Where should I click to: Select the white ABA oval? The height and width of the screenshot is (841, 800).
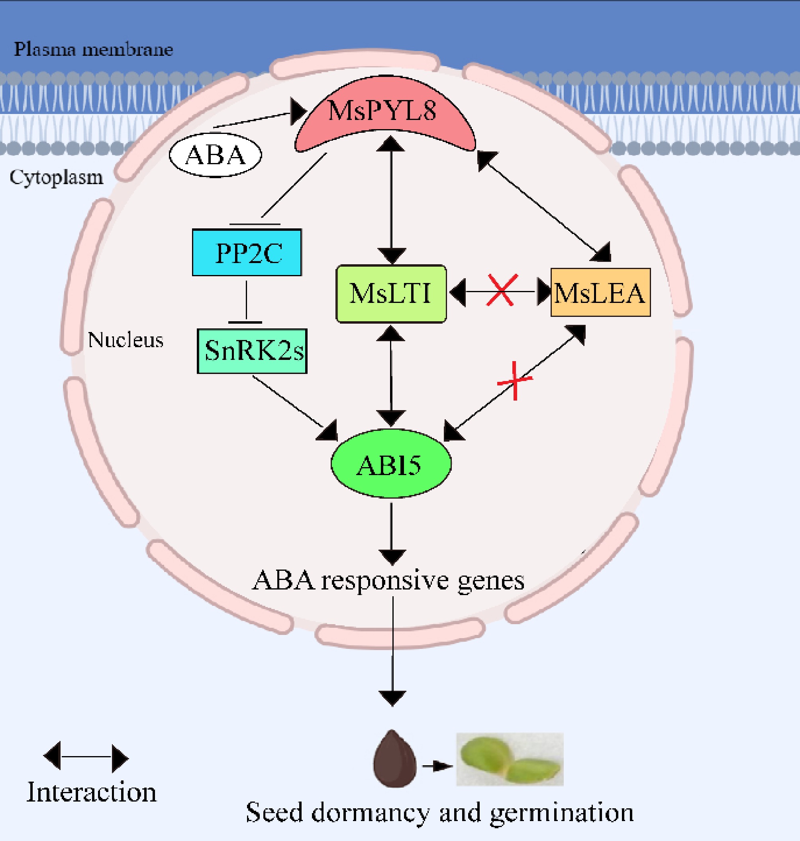click(x=216, y=155)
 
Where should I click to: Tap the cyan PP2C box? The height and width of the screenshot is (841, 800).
click(x=247, y=253)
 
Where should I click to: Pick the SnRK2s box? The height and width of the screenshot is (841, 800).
click(x=252, y=351)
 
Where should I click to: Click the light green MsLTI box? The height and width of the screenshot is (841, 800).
click(x=391, y=294)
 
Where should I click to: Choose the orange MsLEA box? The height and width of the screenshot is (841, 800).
click(x=600, y=293)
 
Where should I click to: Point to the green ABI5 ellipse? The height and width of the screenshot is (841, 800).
click(x=390, y=464)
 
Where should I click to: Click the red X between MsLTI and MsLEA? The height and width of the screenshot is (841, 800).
click(x=502, y=290)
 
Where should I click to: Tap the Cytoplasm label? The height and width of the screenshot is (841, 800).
click(x=56, y=177)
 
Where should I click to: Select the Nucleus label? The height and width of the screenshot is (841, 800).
click(x=125, y=340)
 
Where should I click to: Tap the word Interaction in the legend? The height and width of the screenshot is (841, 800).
click(x=91, y=792)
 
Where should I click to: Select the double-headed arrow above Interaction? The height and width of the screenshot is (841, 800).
click(x=86, y=757)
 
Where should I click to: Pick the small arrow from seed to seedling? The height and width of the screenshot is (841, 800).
click(x=437, y=766)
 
